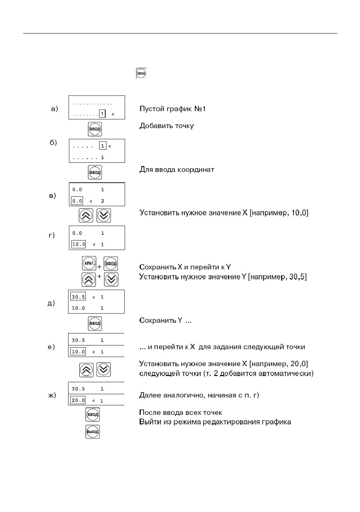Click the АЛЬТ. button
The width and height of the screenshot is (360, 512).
point(89,263)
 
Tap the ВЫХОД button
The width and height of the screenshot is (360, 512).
point(92,432)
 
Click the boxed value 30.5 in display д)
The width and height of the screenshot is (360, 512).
point(78,297)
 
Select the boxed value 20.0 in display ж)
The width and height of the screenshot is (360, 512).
point(78,400)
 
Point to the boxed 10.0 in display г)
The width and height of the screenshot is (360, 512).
point(78,244)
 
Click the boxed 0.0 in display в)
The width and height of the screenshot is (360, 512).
point(77,201)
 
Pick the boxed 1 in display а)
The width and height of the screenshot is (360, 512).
point(102,114)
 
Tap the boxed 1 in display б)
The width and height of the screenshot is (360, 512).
point(102,146)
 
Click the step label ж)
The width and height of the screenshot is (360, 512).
point(52,395)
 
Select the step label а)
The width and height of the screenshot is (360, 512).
point(54,109)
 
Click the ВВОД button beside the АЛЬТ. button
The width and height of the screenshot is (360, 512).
point(111,264)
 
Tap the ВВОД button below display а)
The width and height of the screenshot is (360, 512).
point(95,129)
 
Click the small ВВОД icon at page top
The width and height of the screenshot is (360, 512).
point(141,73)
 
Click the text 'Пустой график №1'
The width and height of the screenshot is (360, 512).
point(173,109)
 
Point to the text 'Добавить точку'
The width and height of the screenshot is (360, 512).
point(166,126)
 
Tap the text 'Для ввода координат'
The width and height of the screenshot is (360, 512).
point(177,169)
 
